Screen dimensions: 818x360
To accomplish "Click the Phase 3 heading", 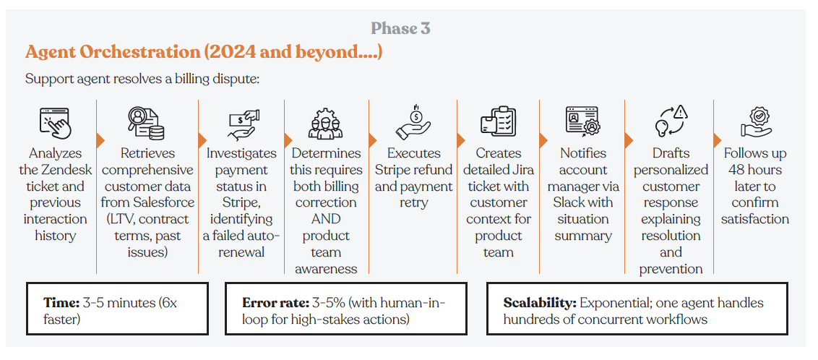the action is tap(400, 28).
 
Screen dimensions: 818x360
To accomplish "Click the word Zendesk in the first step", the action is tap(64, 170).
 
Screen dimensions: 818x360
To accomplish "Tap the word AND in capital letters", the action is tap(326, 220).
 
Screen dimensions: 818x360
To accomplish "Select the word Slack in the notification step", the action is tap(572, 203).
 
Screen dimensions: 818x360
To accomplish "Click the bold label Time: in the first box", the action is tap(61, 303).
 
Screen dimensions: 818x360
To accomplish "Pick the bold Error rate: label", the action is tap(275, 303).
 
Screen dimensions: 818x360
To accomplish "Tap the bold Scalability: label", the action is tap(539, 303).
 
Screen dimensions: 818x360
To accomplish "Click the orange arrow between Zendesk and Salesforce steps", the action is tap(100, 140).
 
